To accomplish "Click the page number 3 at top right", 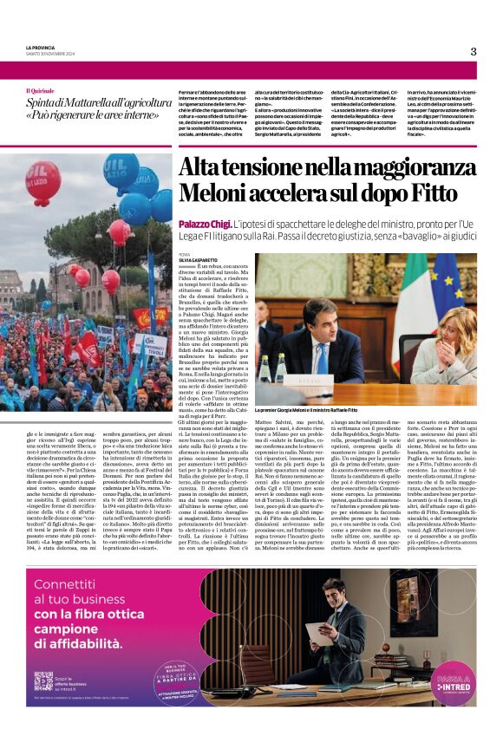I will point(474,51).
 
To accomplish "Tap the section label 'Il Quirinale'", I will point(39,91).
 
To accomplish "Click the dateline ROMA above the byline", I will point(184,254).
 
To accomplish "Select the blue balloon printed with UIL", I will point(121,170).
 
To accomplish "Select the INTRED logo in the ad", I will point(451,684).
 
